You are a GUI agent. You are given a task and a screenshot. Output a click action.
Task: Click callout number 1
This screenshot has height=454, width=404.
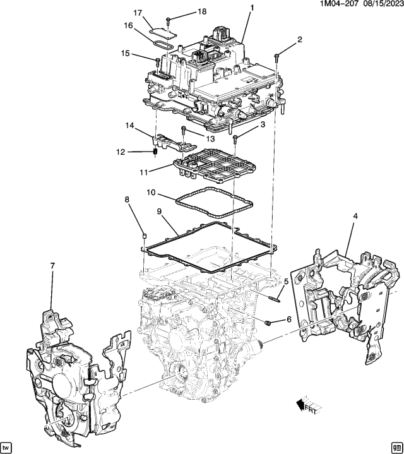click(251, 8)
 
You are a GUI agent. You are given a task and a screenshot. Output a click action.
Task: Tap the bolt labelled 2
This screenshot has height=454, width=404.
click(276, 57)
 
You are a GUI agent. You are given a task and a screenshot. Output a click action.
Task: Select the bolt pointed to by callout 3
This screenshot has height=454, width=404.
click(235, 139)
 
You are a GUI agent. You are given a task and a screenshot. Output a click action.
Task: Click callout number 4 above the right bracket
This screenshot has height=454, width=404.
click(355, 216)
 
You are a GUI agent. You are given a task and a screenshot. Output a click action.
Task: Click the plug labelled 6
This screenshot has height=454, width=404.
click(268, 322)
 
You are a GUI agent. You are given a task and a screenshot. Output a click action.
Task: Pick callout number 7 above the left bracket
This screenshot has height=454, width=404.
click(52, 266)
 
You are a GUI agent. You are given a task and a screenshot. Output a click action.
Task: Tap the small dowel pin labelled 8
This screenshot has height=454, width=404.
click(144, 236)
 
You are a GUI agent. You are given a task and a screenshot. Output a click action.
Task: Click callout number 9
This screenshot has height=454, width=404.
click(159, 212)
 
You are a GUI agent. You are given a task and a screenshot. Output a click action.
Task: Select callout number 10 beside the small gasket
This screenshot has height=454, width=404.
click(151, 192)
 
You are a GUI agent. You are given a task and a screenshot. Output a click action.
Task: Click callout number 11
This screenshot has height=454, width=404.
click(143, 172)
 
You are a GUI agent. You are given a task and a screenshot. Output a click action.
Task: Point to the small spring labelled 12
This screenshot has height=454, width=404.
click(155, 152)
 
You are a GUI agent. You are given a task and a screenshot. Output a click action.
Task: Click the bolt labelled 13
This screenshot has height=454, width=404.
click(183, 130)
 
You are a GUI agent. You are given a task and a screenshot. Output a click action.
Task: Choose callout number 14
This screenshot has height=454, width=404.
click(130, 126)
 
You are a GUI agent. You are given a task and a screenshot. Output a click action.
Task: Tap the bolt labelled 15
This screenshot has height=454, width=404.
click(158, 62)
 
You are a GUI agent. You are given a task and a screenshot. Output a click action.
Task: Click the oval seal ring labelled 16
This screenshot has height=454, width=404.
click(163, 46)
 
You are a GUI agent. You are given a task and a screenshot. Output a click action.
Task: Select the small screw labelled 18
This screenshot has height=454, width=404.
click(168, 21)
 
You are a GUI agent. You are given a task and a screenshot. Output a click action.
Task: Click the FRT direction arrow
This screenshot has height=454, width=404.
click(309, 406)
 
